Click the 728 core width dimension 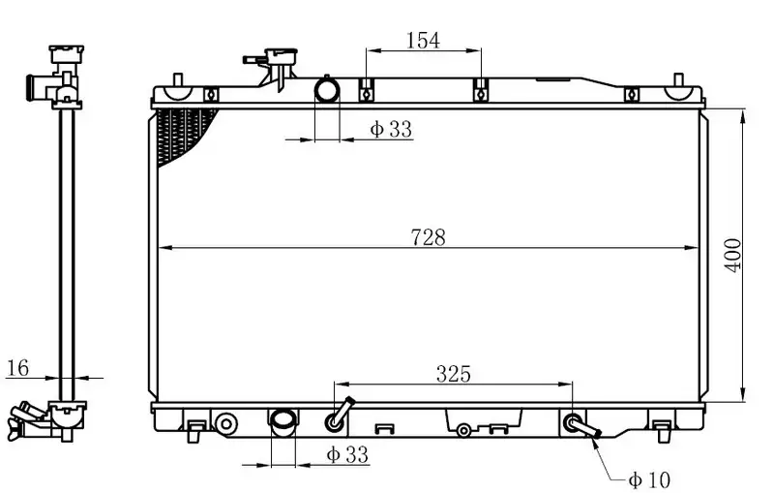(x=428, y=237)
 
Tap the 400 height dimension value (x=733, y=255)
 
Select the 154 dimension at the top (x=423, y=41)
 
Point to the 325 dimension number (x=453, y=374)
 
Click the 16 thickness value (x=18, y=368)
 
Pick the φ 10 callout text (x=649, y=479)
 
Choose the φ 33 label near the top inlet (x=391, y=129)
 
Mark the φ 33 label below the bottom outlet (x=347, y=454)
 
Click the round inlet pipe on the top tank (x=327, y=90)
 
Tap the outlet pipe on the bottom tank (x=283, y=422)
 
